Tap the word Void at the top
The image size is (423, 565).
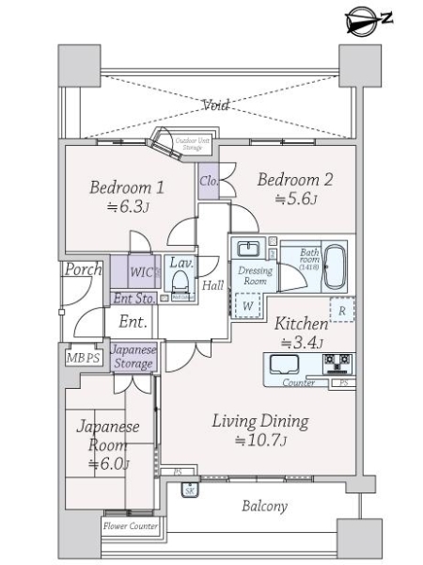click(215, 106)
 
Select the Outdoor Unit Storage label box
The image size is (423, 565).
click(192, 144)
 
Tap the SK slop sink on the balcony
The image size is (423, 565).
click(189, 491)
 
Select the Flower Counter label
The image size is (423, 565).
click(132, 525)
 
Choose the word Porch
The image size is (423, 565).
click(83, 269)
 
